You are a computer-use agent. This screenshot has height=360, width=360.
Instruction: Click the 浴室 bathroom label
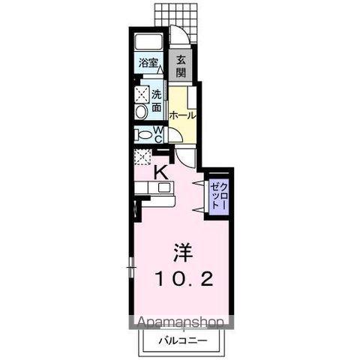tap(148, 63)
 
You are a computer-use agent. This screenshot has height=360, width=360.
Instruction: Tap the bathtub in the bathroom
tap(148, 42)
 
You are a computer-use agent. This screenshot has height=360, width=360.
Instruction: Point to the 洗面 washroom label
tap(157, 101)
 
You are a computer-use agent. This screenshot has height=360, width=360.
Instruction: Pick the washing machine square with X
tap(142, 95)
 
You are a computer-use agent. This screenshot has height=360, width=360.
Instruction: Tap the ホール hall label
tap(182, 115)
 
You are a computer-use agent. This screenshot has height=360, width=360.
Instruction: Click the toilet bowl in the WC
tap(142, 136)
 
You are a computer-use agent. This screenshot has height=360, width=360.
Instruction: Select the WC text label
tap(159, 134)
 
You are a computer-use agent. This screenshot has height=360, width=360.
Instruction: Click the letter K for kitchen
tap(160, 171)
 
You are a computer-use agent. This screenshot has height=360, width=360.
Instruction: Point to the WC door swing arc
tap(173, 136)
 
